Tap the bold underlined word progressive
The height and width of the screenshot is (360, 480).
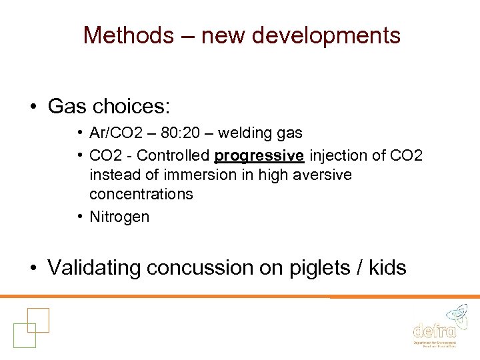[x=259, y=156]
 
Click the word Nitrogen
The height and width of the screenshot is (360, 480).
[x=119, y=217]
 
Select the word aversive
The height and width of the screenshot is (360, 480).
[x=322, y=175]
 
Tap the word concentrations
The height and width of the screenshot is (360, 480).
[x=141, y=194]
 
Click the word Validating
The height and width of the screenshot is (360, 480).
[x=104, y=268]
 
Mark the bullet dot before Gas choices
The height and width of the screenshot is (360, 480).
[x=32, y=107]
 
